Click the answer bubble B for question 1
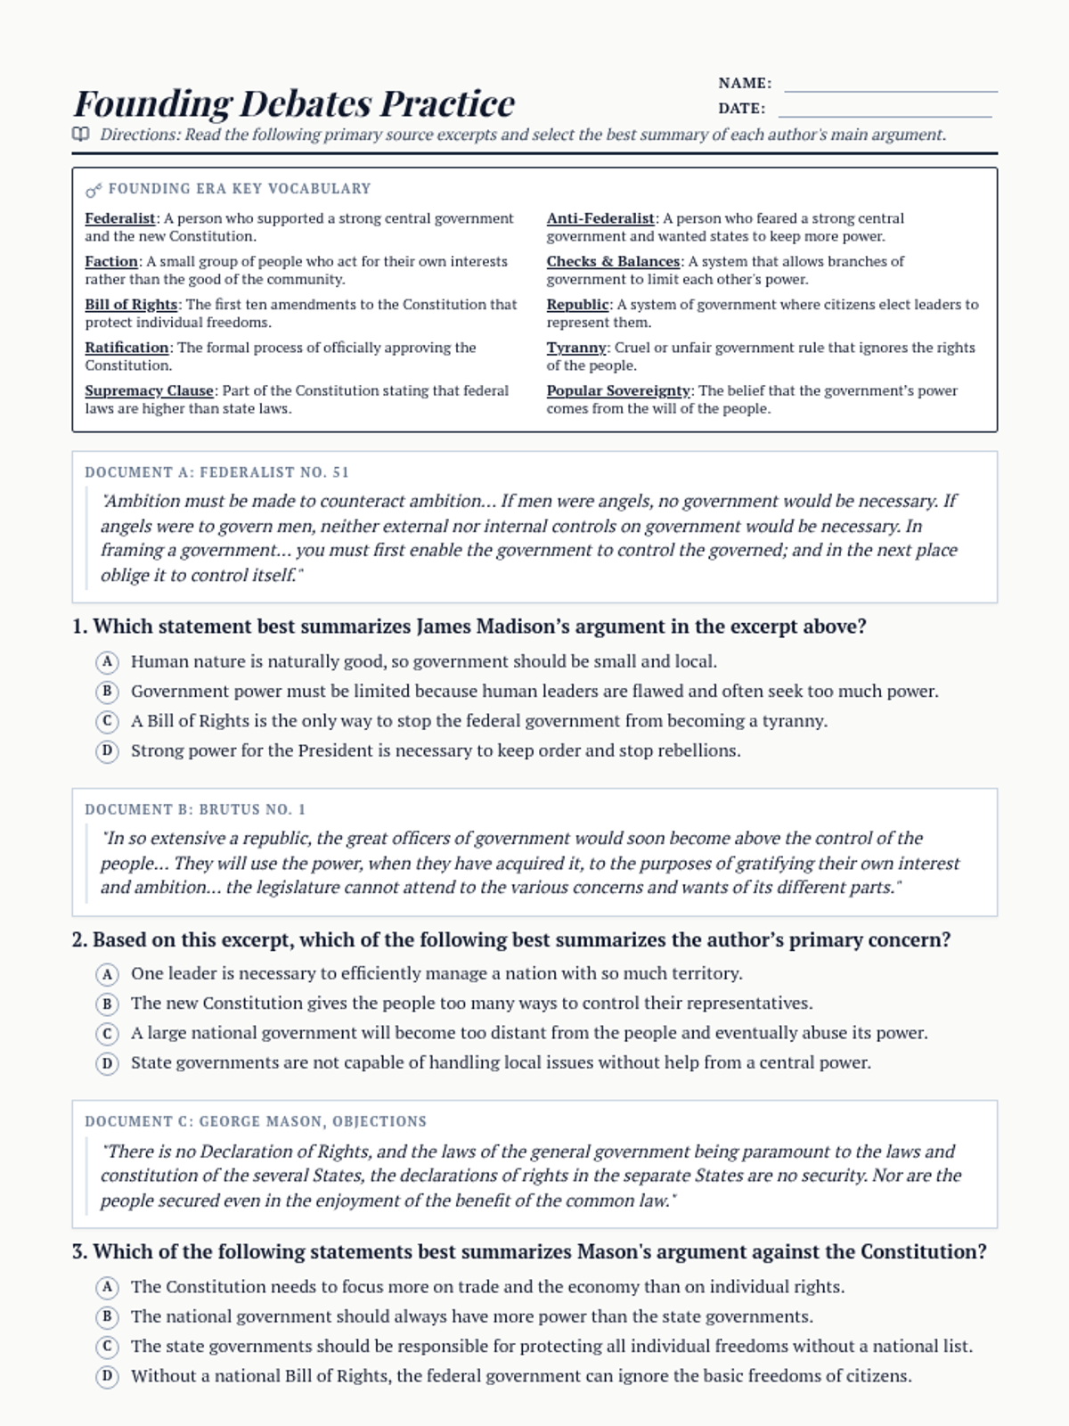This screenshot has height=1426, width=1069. [107, 692]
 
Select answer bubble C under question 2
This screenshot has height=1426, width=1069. [107, 1034]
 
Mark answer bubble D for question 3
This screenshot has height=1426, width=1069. [107, 1376]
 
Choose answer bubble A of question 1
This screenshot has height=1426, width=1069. [107, 662]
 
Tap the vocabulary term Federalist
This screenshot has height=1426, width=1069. [120, 218]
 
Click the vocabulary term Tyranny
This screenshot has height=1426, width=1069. [576, 348]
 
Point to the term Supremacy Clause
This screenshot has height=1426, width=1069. [149, 390]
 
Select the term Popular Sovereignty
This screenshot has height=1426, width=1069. [618, 390]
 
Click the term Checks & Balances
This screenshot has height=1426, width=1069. [613, 261]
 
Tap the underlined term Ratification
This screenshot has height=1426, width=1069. [126, 348]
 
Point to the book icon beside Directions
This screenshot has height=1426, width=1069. [81, 135]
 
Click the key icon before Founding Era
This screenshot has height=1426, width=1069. [94, 190]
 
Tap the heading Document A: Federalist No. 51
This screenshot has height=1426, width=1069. [216, 472]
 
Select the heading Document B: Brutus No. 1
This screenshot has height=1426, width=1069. [195, 809]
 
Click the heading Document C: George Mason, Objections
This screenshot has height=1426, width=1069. [256, 1121]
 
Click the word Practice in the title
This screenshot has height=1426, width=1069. [447, 103]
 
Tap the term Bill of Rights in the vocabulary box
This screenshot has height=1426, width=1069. [131, 305]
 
